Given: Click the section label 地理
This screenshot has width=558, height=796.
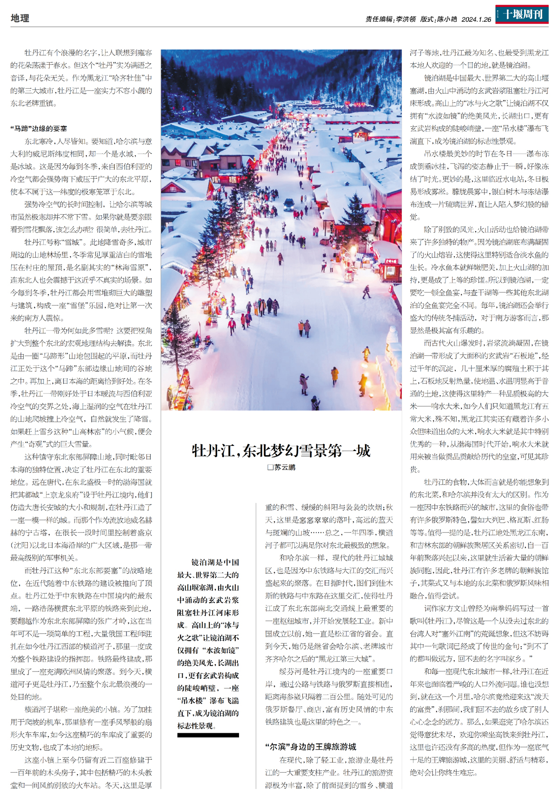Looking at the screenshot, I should [x=20, y=18].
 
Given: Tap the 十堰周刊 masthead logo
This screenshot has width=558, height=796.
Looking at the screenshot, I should [x=522, y=14].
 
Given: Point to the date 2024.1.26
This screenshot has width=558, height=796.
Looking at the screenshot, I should [x=476, y=20].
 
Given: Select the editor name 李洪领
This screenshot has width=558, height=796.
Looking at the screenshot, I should [x=405, y=20].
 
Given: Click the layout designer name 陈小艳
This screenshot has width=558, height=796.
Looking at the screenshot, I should [x=446, y=20].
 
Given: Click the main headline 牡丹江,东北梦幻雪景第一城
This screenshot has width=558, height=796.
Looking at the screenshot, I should [x=281, y=451].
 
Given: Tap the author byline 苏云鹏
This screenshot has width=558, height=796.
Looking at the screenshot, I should [x=285, y=467].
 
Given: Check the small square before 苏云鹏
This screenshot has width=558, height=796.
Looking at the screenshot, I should [x=270, y=467].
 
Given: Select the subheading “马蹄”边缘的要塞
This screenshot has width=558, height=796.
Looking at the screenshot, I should [x=39, y=128].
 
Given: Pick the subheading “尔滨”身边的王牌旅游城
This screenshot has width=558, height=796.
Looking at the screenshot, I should [x=311, y=747].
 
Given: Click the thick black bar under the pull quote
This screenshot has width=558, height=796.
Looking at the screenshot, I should [x=208, y=735].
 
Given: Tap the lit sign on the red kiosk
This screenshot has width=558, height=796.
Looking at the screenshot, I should [x=390, y=261].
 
